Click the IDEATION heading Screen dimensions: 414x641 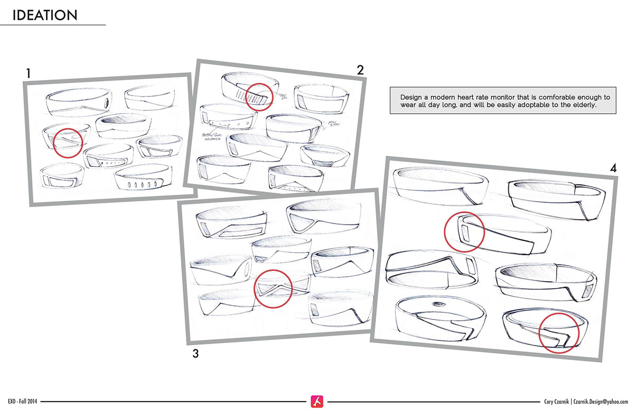[45, 15]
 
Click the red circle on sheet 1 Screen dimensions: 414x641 [68, 141]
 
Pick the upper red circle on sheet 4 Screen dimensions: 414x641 [464, 232]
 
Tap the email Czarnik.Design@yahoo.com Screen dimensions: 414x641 [608, 401]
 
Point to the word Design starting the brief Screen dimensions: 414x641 [410, 98]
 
